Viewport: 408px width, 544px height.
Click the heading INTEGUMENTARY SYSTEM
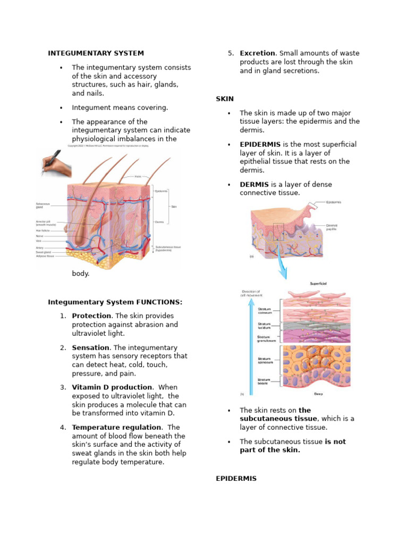click(x=96, y=53)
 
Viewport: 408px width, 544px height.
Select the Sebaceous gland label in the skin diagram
click(x=43, y=206)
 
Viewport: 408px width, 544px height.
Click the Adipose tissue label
click(x=45, y=256)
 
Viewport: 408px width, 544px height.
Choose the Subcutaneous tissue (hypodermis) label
click(x=168, y=248)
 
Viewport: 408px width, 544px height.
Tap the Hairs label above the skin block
click(x=138, y=176)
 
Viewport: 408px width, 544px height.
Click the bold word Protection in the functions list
click(x=91, y=316)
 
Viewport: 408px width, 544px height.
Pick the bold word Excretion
click(x=257, y=53)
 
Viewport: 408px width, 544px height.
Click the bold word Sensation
click(x=91, y=347)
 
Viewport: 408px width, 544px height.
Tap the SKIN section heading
click(x=225, y=99)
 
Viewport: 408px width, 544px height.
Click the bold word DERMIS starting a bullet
click(x=254, y=184)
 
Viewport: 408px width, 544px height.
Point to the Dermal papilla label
click(x=331, y=227)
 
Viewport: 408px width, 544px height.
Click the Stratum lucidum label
click(x=264, y=325)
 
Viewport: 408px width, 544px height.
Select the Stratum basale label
click(x=264, y=381)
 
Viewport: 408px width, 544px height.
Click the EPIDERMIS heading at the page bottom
click(x=236, y=479)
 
